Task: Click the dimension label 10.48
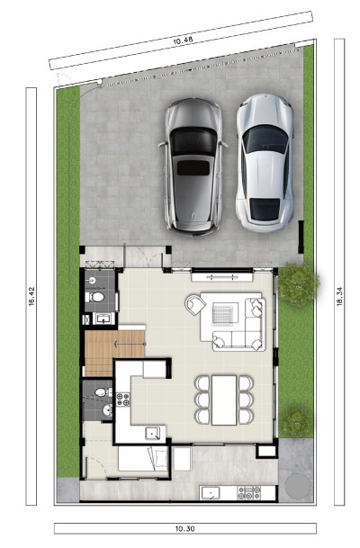[183, 40]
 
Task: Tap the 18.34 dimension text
[339, 296]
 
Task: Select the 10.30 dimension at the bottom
[184, 529]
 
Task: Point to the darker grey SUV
[193, 166]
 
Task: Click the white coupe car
[265, 163]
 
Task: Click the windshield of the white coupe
[265, 139]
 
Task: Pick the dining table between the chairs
[224, 400]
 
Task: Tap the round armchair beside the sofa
[194, 304]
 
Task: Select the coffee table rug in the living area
[222, 314]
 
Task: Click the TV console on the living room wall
[222, 277]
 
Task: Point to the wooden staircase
[114, 353]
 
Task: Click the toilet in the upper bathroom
[94, 298]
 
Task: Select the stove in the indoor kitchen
[122, 400]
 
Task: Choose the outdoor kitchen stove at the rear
[249, 493]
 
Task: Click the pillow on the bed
[161, 458]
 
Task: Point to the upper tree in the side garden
[298, 284]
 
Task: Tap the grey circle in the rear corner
[297, 486]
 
